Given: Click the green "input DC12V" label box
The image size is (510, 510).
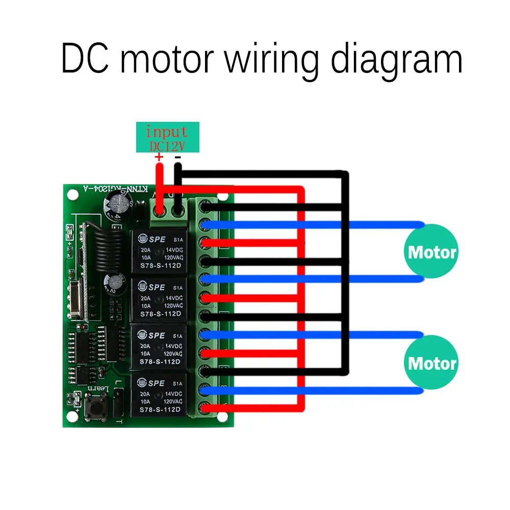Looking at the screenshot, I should coord(167,137).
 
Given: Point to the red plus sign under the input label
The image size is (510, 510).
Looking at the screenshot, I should coord(159,158).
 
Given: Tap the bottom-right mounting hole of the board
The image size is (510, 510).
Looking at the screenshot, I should coord(222,417).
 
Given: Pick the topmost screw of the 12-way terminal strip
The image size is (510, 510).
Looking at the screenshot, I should coord(205,207).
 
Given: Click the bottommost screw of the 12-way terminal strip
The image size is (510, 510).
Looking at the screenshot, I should coord(205,408).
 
